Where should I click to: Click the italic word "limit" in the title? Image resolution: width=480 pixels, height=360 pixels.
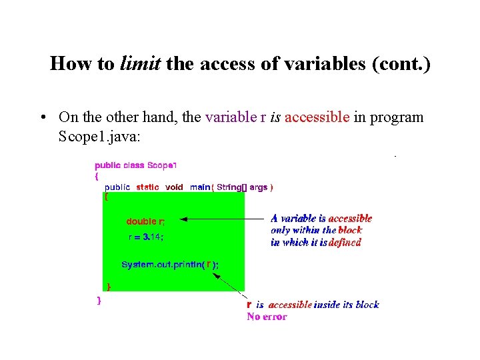(140, 63)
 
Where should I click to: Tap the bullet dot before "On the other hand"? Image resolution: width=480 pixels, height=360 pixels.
(42, 118)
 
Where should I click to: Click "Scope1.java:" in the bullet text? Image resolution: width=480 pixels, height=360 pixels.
(99, 137)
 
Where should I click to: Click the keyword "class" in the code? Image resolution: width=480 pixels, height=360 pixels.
(133, 165)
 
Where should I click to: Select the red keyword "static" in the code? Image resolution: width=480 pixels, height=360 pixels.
(147, 187)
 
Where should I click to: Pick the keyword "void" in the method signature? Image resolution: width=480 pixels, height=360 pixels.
(174, 187)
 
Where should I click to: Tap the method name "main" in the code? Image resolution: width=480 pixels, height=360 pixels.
(199, 187)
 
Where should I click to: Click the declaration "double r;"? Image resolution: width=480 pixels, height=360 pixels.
(145, 221)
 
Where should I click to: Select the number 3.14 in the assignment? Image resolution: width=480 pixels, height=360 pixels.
(153, 237)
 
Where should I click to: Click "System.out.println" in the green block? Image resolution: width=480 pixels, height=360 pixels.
(162, 265)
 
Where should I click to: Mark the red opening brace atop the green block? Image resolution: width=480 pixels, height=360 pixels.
(105, 197)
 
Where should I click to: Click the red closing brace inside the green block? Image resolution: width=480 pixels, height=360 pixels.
(109, 286)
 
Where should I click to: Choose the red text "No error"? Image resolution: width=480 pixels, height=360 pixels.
(267, 317)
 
